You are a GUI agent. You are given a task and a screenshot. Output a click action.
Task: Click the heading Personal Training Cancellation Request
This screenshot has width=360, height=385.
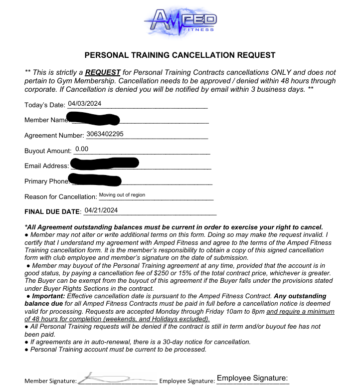(180, 55)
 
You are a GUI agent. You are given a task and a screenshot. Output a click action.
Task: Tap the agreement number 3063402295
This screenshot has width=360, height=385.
(105, 134)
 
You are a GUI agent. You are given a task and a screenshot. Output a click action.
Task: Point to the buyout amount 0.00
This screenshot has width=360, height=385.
(81, 149)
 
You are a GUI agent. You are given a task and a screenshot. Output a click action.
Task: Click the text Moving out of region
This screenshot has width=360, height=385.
(122, 194)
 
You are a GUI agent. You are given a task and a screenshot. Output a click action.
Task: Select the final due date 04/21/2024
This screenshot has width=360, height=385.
(101, 210)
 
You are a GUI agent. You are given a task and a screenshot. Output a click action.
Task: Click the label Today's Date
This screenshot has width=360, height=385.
(44, 105)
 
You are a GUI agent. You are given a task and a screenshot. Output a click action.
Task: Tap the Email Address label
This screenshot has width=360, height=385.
(46, 166)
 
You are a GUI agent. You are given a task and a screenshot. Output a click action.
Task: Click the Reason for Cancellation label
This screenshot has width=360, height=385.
(60, 196)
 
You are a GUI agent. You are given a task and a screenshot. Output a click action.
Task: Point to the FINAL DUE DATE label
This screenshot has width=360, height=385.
(52, 212)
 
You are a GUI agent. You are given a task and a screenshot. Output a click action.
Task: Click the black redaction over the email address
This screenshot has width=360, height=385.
(104, 163)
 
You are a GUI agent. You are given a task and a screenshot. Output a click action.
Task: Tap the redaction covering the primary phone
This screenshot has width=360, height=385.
(94, 179)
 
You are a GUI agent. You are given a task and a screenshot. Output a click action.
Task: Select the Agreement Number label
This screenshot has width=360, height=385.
(54, 135)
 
